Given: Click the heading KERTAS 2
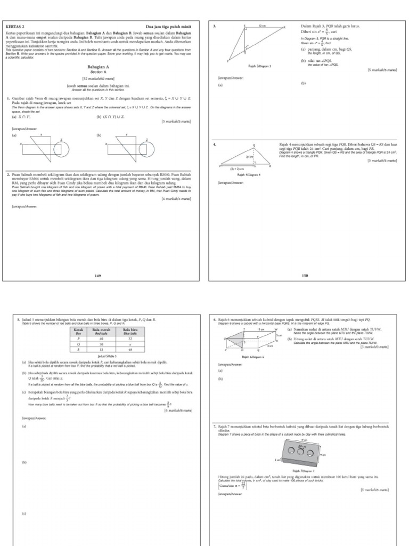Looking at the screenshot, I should (x=14, y=26).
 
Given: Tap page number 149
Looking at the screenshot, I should (x=97, y=276).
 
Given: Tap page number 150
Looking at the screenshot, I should (x=305, y=276).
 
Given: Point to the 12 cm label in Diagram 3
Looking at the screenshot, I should (x=262, y=26).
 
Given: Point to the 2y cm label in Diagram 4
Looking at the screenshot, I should (x=249, y=158).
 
